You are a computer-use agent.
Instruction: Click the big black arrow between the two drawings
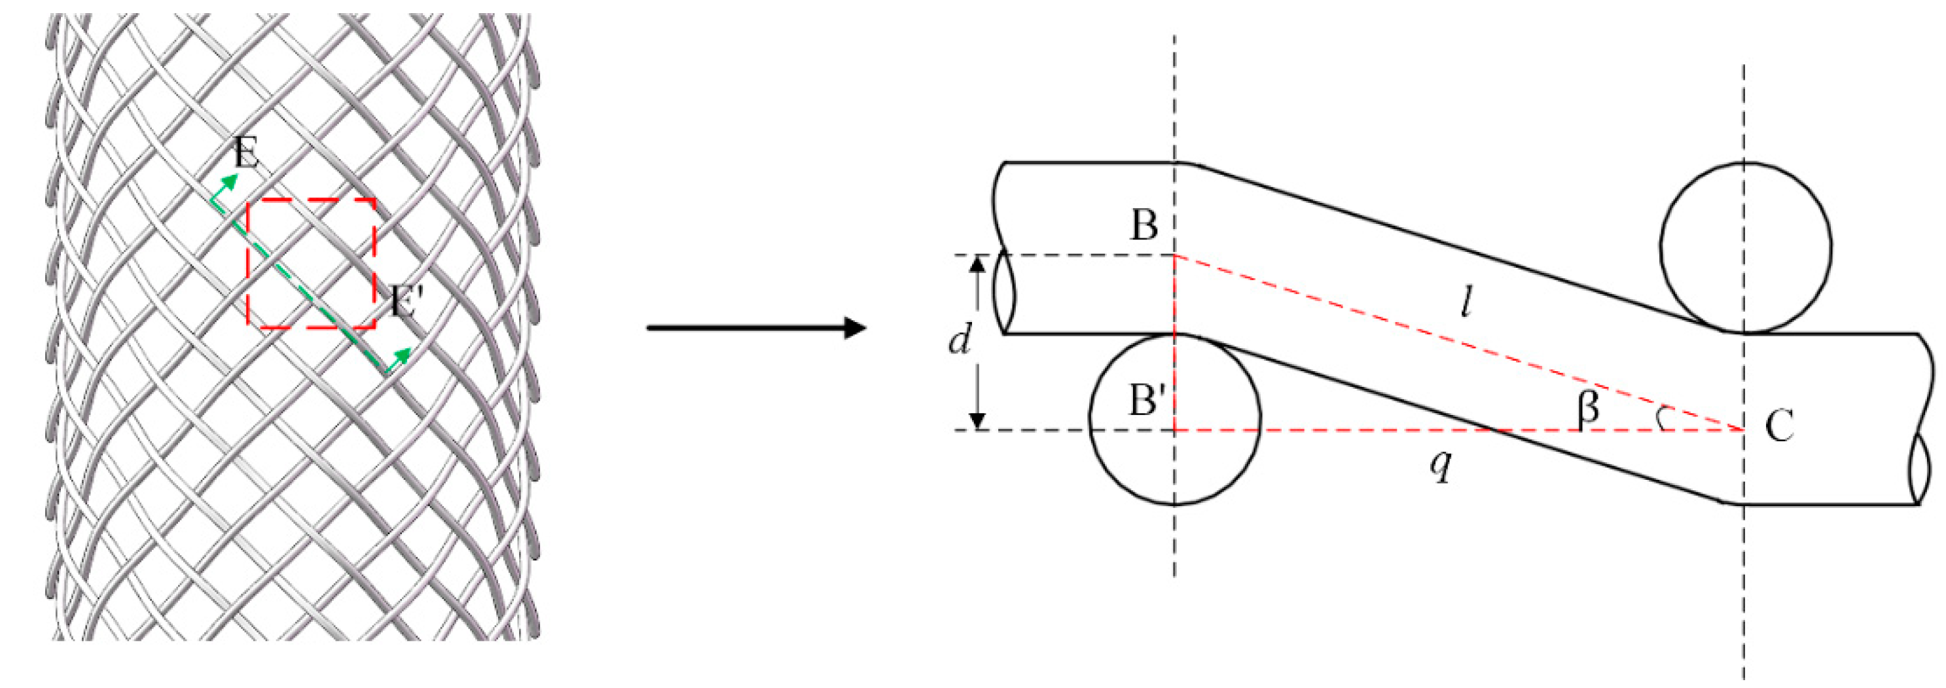(755, 328)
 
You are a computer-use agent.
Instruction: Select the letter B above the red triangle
(1144, 225)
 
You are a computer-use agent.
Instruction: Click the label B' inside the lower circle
(1145, 399)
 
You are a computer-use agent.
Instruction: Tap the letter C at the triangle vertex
(1779, 427)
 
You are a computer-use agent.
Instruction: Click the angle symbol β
(1589, 408)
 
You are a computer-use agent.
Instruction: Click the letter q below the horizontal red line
(1441, 466)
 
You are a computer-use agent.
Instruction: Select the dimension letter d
(960, 341)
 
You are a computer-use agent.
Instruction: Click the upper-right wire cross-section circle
(1745, 247)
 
